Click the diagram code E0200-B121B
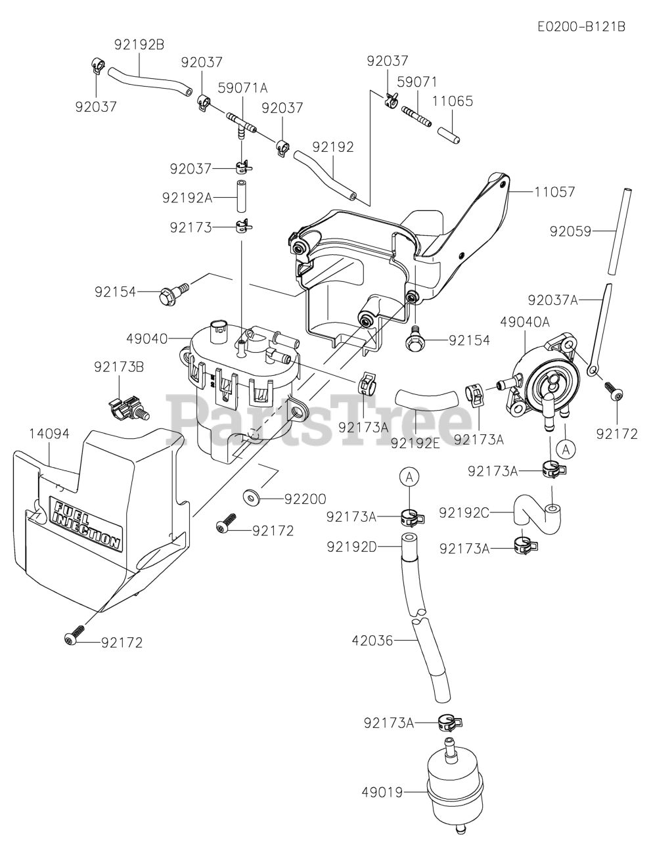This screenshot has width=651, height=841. click(x=581, y=27)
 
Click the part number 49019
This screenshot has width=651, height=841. click(x=382, y=792)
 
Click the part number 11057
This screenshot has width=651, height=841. click(x=554, y=192)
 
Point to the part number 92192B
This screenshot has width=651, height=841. click(x=139, y=45)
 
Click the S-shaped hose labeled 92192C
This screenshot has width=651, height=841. click(x=533, y=513)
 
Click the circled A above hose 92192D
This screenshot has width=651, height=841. click(x=409, y=478)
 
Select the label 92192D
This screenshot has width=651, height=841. click(x=353, y=546)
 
